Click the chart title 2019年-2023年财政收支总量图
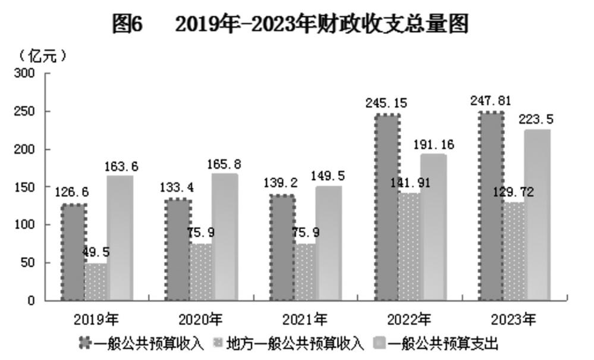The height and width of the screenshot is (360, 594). (322, 24)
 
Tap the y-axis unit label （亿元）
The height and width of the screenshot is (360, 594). (42, 56)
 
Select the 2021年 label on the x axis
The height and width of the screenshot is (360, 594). (304, 320)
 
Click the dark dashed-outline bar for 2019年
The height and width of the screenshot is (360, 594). (74, 252)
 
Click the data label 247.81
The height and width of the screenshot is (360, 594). (491, 101)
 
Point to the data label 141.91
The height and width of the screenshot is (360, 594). (411, 183)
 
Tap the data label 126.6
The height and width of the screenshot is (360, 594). (71, 192)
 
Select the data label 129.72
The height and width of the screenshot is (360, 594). (514, 192)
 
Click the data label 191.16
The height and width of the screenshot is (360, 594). (433, 145)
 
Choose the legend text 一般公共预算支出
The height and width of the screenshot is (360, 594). (444, 344)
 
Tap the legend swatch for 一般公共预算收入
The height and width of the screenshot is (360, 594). (86, 343)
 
